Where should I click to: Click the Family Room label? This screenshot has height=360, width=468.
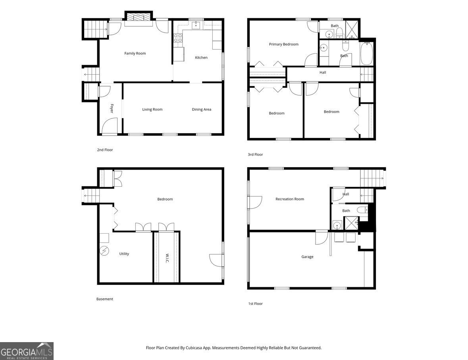point(135,54)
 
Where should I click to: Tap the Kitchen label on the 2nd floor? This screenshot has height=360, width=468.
point(201,58)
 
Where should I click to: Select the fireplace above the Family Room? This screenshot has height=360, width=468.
point(139,17)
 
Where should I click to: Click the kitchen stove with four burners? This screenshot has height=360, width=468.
point(178,38)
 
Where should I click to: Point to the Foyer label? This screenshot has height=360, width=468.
point(112,108)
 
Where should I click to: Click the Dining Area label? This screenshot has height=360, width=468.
point(202,109)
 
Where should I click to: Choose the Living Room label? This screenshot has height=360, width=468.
point(152,109)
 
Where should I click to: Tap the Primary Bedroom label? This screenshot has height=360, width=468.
point(283,44)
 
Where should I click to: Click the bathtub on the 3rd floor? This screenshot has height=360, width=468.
point(366,54)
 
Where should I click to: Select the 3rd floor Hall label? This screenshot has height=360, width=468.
point(323,72)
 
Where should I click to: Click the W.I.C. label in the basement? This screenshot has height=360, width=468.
point(167,258)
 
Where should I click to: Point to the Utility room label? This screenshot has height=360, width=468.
point(124,254)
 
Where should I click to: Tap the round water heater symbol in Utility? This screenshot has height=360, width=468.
point(104,250)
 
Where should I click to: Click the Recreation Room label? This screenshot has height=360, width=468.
point(290,199)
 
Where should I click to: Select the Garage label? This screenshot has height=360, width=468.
point(307,257)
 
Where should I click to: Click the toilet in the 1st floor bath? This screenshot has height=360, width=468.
point(362,209)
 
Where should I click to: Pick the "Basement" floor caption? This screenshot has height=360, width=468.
point(105,299)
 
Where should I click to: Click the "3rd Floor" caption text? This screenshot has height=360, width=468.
point(255,155)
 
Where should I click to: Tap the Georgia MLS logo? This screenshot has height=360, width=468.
point(27,351)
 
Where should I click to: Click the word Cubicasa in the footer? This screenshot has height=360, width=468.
point(193,348)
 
